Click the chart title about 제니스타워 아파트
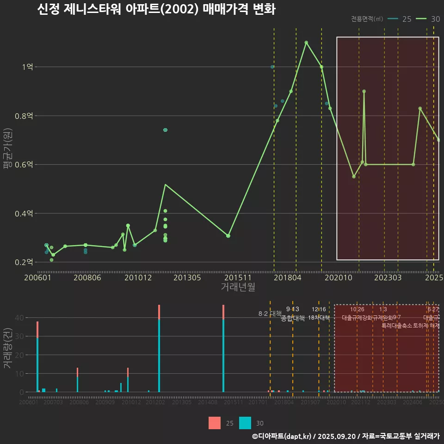156,9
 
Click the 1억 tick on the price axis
27,67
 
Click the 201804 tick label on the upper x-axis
287,277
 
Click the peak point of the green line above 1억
306,43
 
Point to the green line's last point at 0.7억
438,140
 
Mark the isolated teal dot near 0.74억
165,130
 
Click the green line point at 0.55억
354,177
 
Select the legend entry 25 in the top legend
400,19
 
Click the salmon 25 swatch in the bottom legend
215,423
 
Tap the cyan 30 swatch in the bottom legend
245,423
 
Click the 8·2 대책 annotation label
270,314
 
